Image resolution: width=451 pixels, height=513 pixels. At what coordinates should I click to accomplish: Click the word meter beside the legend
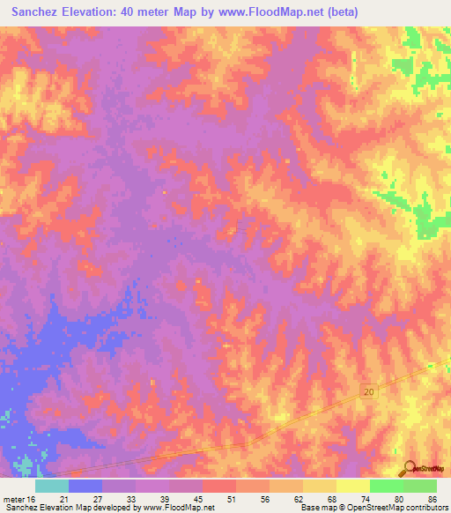click(x=13, y=499)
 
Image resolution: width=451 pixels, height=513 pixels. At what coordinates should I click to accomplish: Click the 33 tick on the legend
click(x=132, y=499)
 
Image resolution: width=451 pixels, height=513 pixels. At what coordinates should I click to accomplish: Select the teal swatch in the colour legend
click(x=52, y=486)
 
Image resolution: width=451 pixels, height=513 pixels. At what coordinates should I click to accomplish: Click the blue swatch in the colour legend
click(x=85, y=486)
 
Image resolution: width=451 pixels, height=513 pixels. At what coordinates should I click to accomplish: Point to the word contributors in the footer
click(x=422, y=508)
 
